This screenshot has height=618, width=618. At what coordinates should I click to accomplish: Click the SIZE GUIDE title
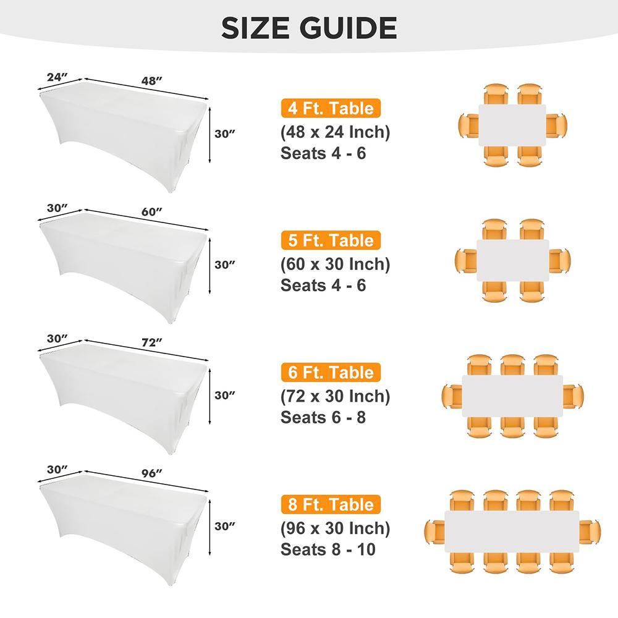coord(309,28)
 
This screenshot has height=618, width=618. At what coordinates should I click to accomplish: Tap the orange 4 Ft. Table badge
coord(330,109)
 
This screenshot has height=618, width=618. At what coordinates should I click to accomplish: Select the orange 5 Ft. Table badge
coord(330,240)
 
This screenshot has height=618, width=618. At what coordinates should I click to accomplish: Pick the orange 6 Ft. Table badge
coord(330,373)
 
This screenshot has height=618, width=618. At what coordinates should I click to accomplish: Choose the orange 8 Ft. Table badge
coord(330,505)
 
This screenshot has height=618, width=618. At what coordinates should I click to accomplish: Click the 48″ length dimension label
coord(151,80)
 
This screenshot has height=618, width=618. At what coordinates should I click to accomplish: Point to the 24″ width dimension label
coord(56,77)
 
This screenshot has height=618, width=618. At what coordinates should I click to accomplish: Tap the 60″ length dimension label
coord(151,211)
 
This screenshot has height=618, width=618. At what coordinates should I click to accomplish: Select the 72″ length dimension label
coord(151,342)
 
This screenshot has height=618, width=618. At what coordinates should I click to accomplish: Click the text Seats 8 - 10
coord(328,549)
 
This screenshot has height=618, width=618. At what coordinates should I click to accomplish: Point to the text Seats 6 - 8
coord(323,417)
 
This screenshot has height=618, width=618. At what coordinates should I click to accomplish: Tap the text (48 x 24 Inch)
coord(335,132)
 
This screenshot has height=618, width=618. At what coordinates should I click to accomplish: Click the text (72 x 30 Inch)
coord(335,396)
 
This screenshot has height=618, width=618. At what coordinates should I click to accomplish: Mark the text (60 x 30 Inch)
coord(335,264)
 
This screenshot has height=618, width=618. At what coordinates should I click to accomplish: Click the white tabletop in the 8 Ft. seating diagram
coord(512,529)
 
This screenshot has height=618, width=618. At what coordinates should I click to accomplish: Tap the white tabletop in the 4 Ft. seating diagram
coord(512,125)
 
